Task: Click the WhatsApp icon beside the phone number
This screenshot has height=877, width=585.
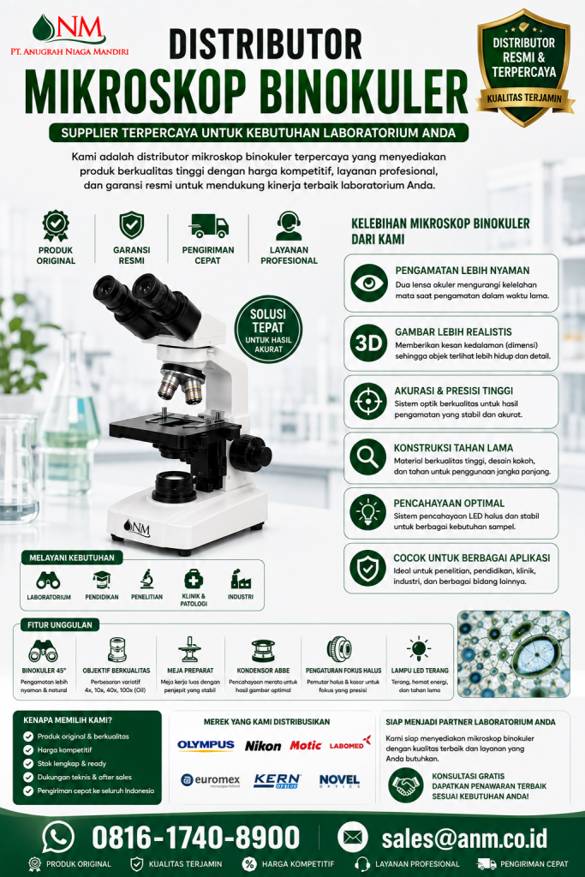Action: [59, 838]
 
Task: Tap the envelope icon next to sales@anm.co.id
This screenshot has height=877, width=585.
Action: [352, 838]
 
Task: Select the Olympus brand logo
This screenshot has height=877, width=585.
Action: [206, 745]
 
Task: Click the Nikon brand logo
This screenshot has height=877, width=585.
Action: [263, 746]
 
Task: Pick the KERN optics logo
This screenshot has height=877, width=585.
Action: [278, 781]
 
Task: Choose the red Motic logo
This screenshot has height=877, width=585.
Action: [306, 746]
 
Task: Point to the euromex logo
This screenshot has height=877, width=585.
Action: [211, 780]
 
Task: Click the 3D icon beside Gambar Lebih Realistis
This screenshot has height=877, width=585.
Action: [368, 343]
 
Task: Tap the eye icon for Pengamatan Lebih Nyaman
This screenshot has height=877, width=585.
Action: [368, 283]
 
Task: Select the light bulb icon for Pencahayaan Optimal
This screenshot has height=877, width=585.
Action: [368, 512]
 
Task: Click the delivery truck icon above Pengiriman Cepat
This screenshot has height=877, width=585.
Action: [208, 226]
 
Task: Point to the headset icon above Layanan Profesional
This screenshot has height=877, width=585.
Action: [289, 226]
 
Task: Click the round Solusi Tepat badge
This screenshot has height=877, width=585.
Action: [268, 329]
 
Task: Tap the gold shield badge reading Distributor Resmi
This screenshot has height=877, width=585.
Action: [524, 67]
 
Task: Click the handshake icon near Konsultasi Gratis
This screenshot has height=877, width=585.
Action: [406, 785]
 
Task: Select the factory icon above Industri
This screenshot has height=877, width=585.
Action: [241, 580]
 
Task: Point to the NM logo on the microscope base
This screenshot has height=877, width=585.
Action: [137, 528]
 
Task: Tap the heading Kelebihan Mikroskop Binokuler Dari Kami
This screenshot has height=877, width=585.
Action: [440, 231]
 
